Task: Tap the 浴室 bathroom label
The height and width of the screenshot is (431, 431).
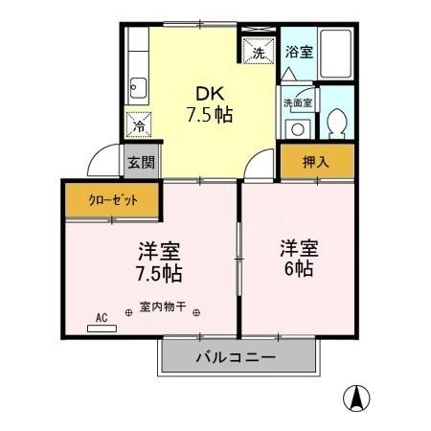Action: point(299,53)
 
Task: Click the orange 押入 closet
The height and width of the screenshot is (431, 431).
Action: point(316,162)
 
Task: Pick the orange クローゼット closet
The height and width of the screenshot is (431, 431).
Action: point(113,201)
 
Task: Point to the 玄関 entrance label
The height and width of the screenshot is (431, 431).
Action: point(139,163)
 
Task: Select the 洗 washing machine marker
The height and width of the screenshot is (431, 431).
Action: point(257,53)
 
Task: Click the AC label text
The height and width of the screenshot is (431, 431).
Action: point(102,314)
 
